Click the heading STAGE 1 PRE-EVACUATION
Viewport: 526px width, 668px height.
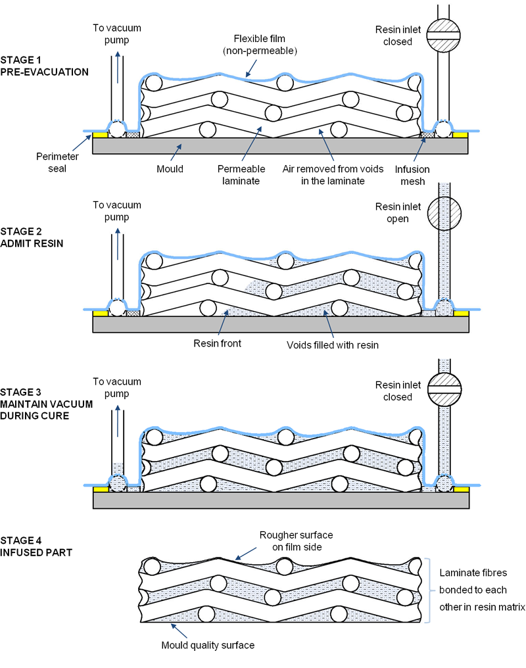(x=45, y=66)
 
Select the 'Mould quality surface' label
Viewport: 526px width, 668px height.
(x=208, y=645)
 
